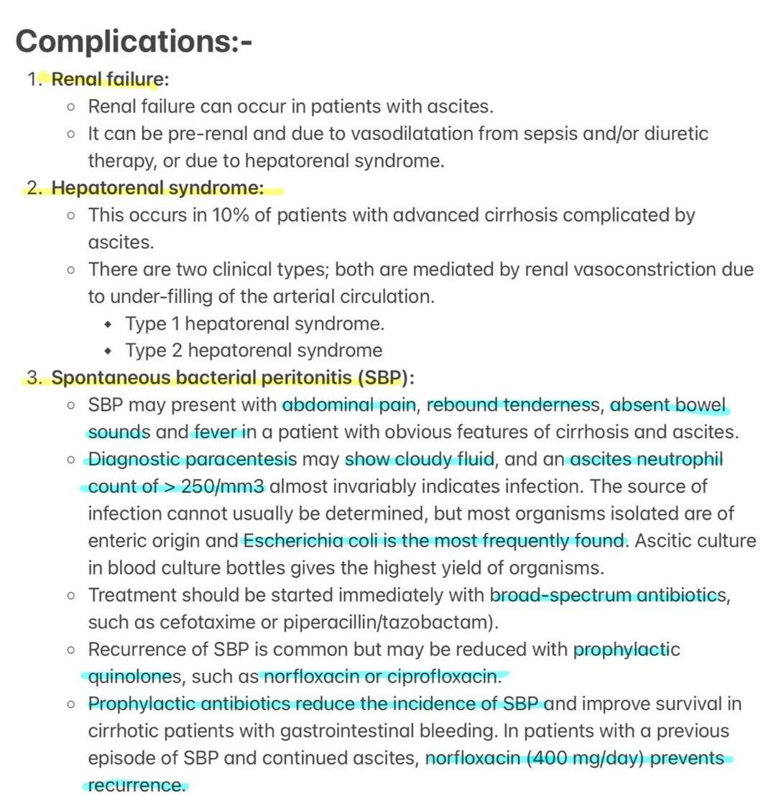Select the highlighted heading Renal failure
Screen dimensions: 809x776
click(105, 79)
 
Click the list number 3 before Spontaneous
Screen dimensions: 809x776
click(33, 378)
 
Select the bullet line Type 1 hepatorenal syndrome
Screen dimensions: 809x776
click(255, 324)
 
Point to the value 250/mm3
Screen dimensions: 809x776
click(223, 486)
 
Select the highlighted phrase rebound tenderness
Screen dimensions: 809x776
click(512, 405)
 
